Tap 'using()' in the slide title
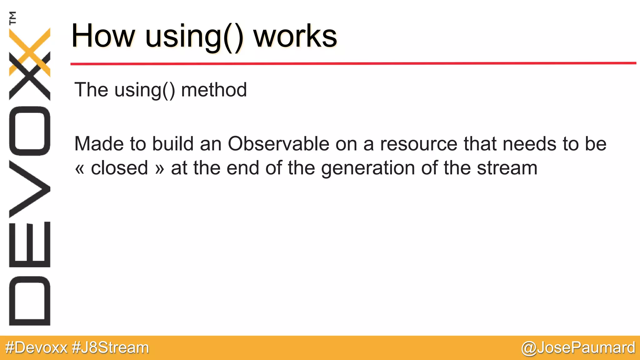194,37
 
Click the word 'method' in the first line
214,90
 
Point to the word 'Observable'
278,144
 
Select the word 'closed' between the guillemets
119,168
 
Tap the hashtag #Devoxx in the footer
37,348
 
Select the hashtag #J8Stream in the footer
110,348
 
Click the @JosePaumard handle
578,348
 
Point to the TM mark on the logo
12,18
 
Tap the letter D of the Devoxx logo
30,301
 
